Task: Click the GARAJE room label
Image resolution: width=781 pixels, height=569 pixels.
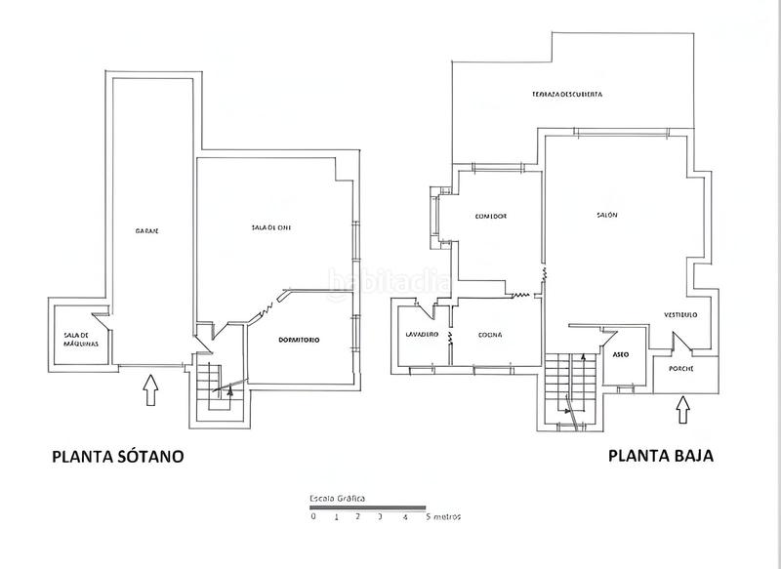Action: (x=147, y=230)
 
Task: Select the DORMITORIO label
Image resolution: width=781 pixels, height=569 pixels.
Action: (x=298, y=340)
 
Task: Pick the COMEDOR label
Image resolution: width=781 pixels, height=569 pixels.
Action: (x=490, y=216)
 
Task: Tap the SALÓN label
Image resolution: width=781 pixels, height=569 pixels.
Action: (x=607, y=216)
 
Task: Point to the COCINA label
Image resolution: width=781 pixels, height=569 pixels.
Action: (x=490, y=335)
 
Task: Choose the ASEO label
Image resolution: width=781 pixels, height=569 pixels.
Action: (x=619, y=355)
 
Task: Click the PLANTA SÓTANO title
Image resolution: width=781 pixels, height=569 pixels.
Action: (x=117, y=456)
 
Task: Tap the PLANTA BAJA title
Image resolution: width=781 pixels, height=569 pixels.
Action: (x=661, y=455)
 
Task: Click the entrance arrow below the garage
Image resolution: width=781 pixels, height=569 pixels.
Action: (x=148, y=391)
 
